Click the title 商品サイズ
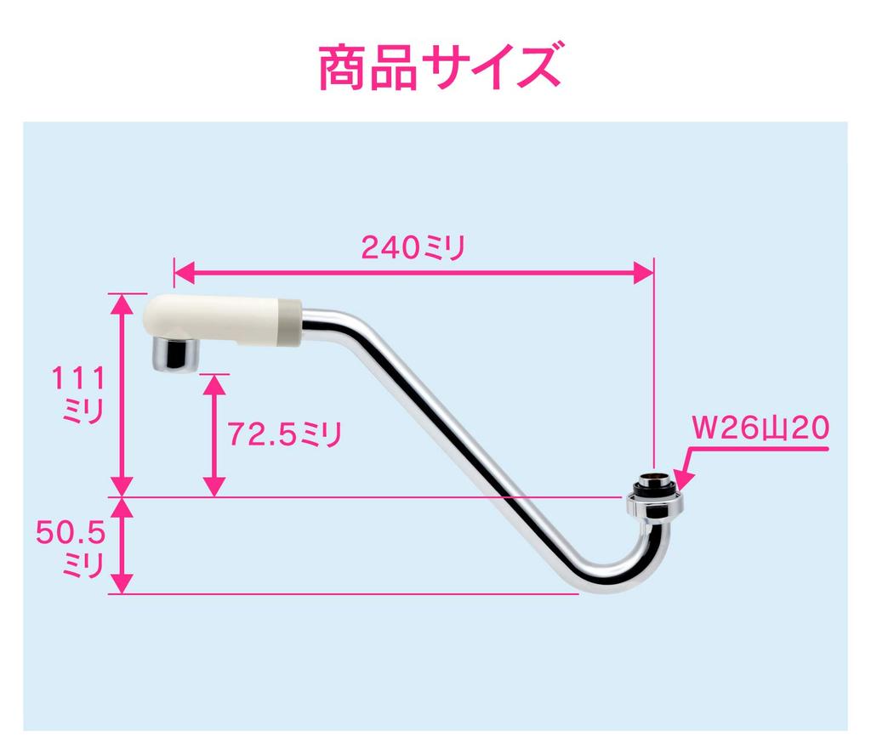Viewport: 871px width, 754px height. (x=440, y=68)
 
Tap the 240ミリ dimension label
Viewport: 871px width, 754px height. (x=413, y=247)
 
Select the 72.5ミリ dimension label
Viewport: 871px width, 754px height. (x=284, y=434)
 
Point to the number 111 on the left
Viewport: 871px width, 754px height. (x=78, y=378)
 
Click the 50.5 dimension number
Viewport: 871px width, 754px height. (x=71, y=532)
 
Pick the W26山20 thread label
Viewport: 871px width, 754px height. (x=760, y=428)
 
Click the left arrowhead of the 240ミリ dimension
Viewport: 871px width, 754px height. (x=185, y=273)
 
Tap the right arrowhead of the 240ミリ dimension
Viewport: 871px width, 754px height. (x=643, y=273)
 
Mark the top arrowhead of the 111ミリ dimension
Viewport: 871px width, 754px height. (x=122, y=304)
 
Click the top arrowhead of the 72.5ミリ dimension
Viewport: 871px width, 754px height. (x=214, y=385)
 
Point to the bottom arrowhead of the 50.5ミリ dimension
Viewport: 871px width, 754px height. (x=122, y=583)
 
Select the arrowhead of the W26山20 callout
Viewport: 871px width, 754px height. (x=684, y=481)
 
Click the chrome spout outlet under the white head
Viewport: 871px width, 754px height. (x=175, y=354)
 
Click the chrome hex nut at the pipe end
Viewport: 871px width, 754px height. (x=654, y=507)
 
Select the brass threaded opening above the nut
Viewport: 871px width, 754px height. (x=655, y=478)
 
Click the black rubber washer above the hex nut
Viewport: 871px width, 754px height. (x=654, y=488)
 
